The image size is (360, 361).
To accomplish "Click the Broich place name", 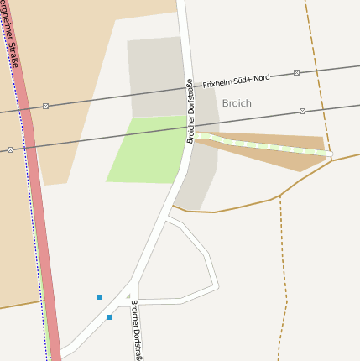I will coord(237,103).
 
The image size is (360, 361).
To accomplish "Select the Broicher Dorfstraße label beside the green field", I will coord(190,112).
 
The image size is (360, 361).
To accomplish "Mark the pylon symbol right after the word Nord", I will coord(297,73).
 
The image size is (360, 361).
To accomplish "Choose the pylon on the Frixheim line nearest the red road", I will coord(45,106).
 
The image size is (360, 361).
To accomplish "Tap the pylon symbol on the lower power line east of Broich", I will coord(302,111).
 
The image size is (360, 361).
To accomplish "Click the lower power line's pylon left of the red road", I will coord(10,149).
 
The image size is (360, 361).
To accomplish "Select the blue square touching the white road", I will coord(110,317).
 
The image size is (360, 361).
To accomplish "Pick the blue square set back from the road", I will coord(100,297).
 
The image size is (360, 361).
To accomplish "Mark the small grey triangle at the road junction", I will coord(128,296).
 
